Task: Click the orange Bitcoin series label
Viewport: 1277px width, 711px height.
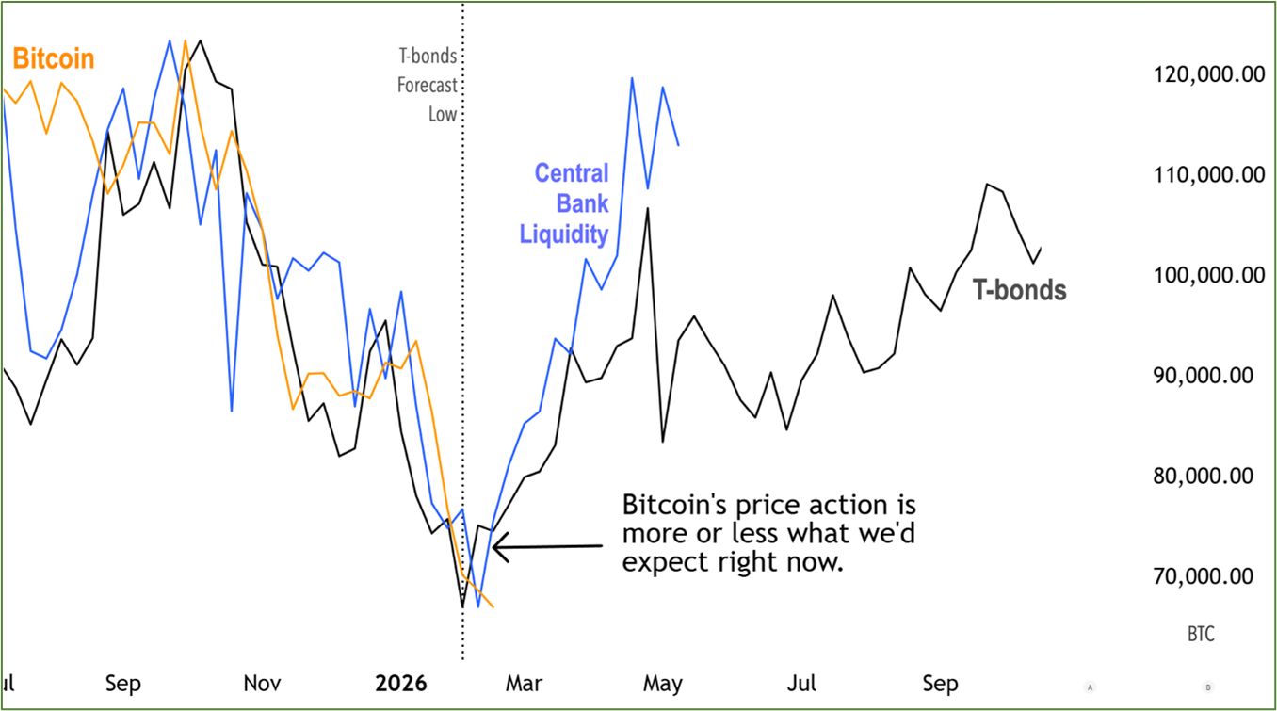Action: pyautogui.click(x=54, y=59)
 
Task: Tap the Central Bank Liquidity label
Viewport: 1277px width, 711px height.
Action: pyautogui.click(x=564, y=203)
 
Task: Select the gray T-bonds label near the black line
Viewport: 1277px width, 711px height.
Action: pyautogui.click(x=1020, y=290)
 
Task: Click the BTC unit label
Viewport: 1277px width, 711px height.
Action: pyautogui.click(x=1201, y=635)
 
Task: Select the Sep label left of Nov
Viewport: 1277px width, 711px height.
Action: pyautogui.click(x=123, y=684)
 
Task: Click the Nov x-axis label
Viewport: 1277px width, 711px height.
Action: pyautogui.click(x=262, y=684)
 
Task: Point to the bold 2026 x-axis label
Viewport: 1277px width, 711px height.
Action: pyautogui.click(x=401, y=684)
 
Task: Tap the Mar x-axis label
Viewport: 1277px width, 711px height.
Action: pyautogui.click(x=525, y=684)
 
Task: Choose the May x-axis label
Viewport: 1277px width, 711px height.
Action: pyautogui.click(x=663, y=684)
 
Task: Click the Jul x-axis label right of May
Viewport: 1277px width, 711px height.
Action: pyautogui.click(x=801, y=684)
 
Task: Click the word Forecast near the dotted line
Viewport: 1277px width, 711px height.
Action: pyautogui.click(x=427, y=86)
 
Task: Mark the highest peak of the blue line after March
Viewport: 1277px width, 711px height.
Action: pyautogui.click(x=631, y=78)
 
